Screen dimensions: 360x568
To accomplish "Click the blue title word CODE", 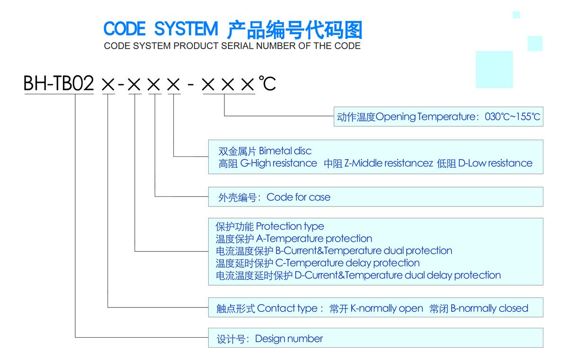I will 124,29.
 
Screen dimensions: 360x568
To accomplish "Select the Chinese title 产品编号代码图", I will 294,29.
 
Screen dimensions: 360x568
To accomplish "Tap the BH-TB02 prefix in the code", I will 59,84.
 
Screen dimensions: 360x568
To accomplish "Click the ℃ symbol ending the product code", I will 267,84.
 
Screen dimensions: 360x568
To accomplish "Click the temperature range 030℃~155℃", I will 512,117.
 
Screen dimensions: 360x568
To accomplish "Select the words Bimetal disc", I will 285,151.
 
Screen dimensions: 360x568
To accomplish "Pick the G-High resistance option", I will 278,163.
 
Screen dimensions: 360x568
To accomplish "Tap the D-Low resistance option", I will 495,163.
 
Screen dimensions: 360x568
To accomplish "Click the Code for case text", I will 298,197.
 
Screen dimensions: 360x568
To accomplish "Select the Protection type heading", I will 290,226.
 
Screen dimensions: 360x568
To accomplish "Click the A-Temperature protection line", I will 314,239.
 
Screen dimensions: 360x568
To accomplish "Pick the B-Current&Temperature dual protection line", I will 364,251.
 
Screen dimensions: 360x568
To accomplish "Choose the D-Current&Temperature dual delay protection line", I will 397,275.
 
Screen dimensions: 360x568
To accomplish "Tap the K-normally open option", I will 386,308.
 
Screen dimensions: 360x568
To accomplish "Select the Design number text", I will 289,339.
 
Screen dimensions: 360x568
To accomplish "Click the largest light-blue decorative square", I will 494,69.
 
